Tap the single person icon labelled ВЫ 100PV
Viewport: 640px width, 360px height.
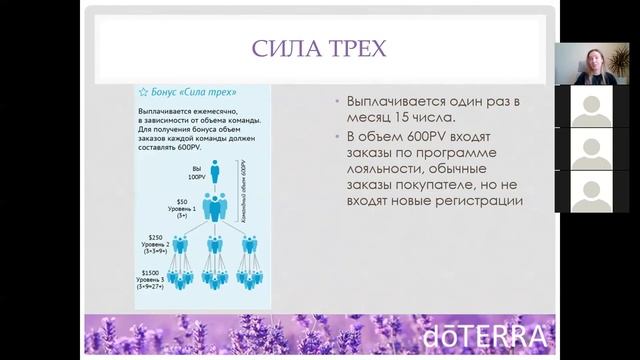pyautogui.click(x=214, y=171)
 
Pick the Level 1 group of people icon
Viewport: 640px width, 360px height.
pyautogui.click(x=214, y=208)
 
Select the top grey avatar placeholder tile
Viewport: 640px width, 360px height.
pyautogui.click(x=590, y=107)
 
